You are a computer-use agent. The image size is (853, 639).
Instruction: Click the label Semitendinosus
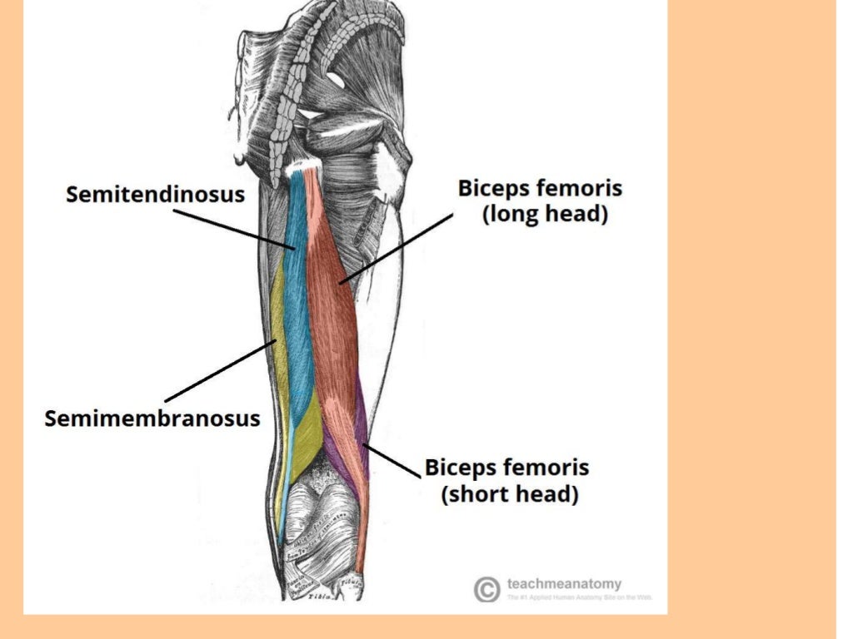156,195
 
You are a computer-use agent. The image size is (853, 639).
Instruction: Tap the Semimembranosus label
152,418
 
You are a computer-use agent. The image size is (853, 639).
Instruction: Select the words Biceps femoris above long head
540,187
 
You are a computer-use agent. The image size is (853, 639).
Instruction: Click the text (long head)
546,214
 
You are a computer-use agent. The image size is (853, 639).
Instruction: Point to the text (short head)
509,493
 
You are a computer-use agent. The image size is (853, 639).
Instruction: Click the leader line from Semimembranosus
221,371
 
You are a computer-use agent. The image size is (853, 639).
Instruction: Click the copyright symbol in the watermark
486,589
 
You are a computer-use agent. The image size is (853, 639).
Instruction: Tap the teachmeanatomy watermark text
564,584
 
